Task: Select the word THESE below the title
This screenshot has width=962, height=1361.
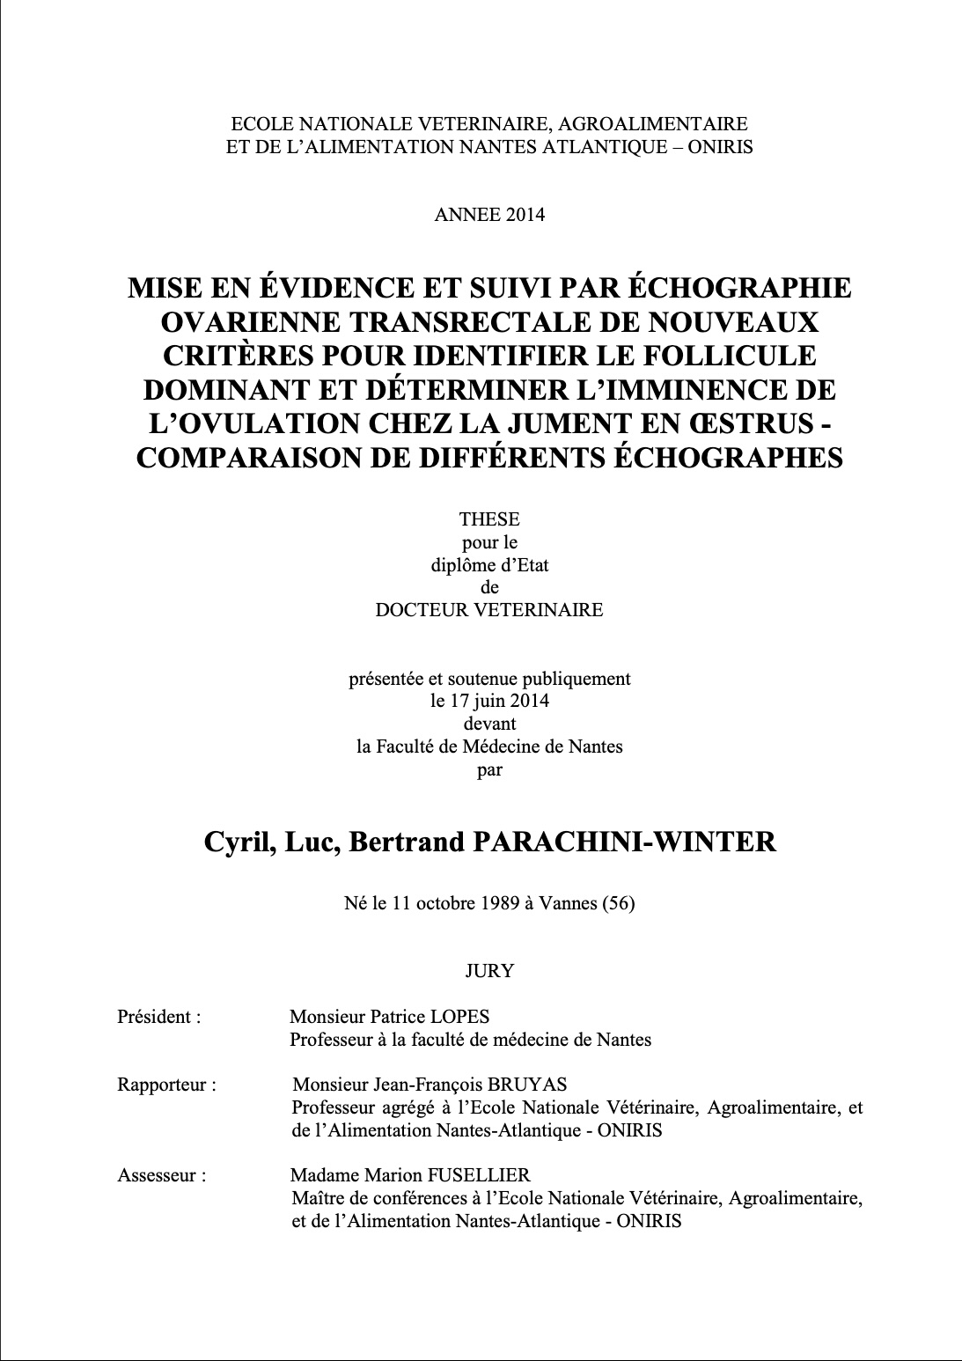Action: click(489, 519)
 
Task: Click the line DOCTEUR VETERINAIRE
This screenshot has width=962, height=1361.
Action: click(489, 610)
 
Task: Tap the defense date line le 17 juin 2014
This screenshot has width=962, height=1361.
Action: click(489, 702)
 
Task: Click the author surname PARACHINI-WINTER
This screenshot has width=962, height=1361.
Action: click(625, 842)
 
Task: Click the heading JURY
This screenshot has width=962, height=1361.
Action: click(489, 971)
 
